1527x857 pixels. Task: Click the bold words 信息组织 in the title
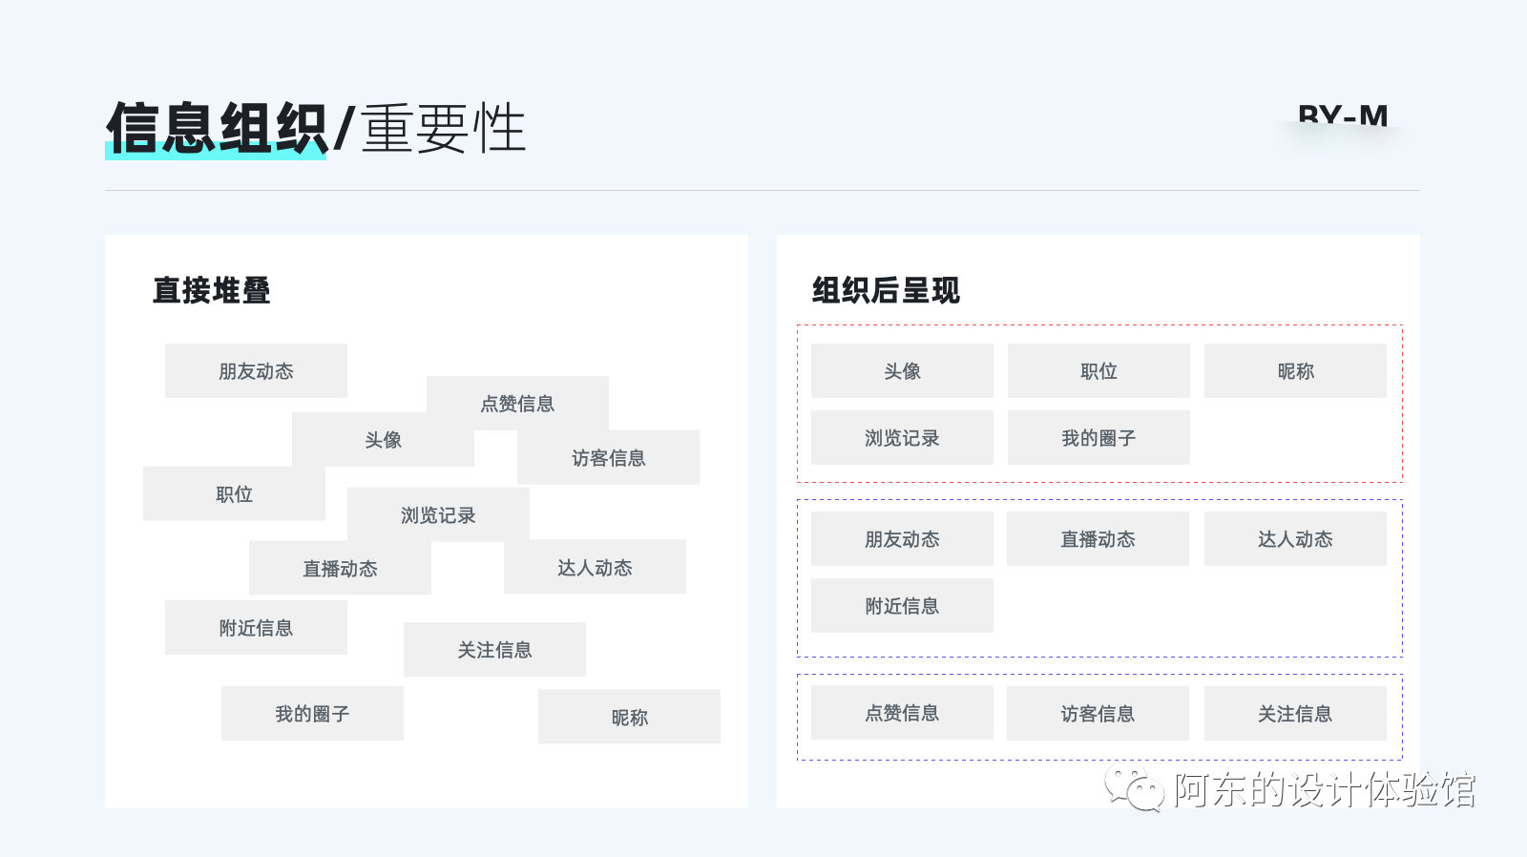coord(217,128)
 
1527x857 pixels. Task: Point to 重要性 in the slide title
coord(443,128)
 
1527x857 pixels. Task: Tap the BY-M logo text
coord(1343,117)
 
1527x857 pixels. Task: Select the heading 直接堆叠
coord(211,290)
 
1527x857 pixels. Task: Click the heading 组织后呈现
coord(886,290)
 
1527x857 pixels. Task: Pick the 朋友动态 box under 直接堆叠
coord(256,371)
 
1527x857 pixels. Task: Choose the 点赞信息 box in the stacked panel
coord(517,403)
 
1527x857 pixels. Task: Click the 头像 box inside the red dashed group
coord(902,371)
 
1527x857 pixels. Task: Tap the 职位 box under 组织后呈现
coord(1098,371)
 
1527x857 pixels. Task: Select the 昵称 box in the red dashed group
coord(1295,371)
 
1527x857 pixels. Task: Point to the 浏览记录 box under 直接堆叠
coord(438,515)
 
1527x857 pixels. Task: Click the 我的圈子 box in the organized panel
coord(1098,438)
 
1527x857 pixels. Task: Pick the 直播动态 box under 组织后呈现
coord(1098,539)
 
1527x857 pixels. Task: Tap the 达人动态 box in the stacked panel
coord(595,568)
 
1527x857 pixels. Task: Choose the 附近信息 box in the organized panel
coord(902,606)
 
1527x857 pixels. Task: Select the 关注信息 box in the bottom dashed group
coord(1295,714)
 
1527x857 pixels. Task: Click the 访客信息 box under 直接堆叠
coord(608,458)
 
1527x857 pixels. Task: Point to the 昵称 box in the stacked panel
coord(629,717)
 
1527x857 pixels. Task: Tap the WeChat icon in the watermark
coord(1134,788)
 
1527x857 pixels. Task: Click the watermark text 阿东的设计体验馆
coord(1325,790)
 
